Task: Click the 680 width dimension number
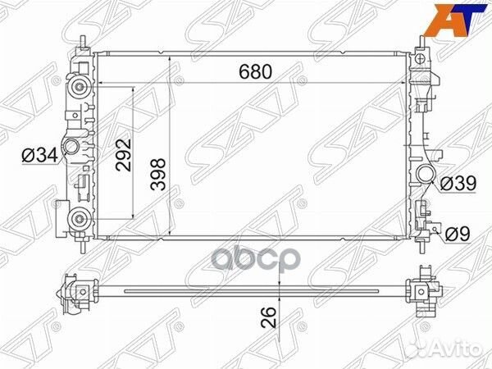click(255, 72)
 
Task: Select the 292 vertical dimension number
click(123, 155)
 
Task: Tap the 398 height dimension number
click(158, 175)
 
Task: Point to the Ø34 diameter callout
click(40, 155)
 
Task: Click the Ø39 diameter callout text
click(458, 184)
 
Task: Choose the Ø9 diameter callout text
click(458, 234)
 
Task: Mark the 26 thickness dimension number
click(269, 317)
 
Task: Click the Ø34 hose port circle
click(72, 147)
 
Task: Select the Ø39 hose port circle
click(426, 174)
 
